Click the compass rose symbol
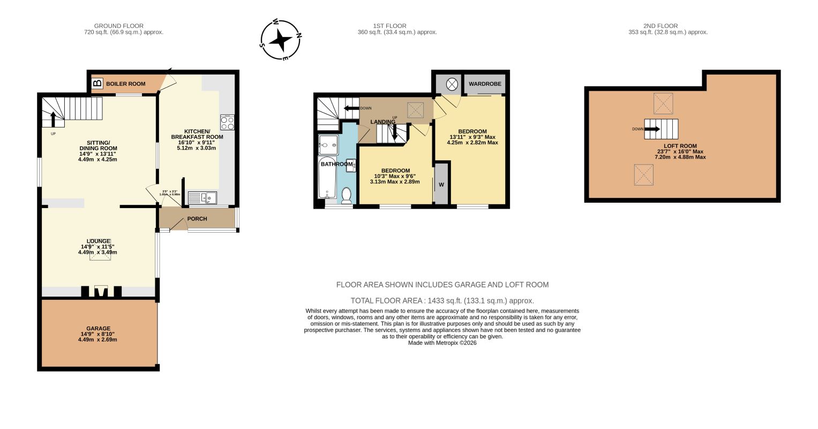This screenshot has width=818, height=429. click(x=281, y=40)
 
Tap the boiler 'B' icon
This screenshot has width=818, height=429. click(x=97, y=84)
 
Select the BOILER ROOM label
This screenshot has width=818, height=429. click(x=125, y=84)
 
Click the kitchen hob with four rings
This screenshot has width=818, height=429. click(x=227, y=123)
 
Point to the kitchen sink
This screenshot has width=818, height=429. click(x=202, y=198)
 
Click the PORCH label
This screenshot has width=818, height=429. click(x=197, y=219)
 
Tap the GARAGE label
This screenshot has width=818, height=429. click(x=98, y=328)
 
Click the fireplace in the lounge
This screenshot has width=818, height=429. click(x=101, y=292)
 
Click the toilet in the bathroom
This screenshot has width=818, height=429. click(x=346, y=195)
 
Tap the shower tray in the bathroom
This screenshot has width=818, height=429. click(x=328, y=145)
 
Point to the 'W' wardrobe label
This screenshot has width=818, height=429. click(x=441, y=185)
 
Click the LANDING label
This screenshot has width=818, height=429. click(x=382, y=122)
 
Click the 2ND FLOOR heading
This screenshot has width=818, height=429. click(x=661, y=26)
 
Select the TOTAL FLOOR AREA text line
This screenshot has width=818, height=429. click(x=442, y=301)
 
